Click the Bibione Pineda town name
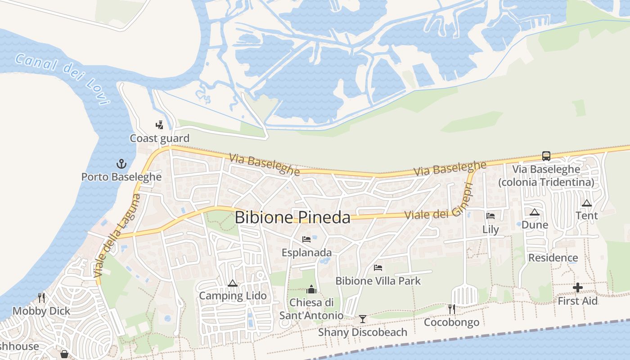(292, 217)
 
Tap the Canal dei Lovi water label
(63, 79)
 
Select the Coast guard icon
(159, 125)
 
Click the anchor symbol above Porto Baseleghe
(121, 163)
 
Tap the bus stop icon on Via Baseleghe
(546, 156)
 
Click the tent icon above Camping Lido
(232, 283)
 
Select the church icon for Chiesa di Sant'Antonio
(311, 289)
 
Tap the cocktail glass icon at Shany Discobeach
(362, 319)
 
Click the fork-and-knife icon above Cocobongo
(452, 309)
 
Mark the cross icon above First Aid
(578, 288)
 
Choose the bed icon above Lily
(490, 216)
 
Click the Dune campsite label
(535, 225)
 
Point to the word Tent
(587, 216)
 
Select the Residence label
(553, 258)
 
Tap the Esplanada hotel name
(306, 252)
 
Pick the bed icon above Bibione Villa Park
(378, 268)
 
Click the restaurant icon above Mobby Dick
(41, 297)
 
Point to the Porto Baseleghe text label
(121, 177)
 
